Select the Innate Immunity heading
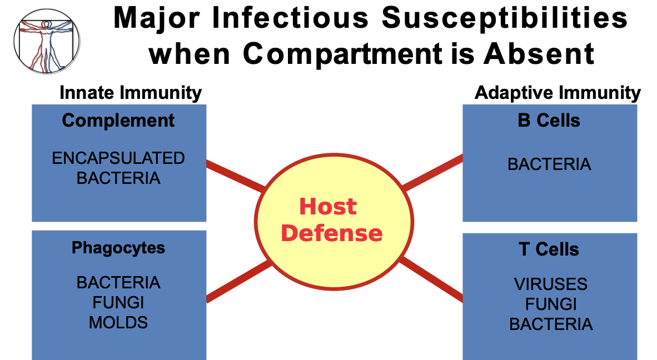[130, 93]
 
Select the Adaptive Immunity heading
[558, 93]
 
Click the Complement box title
[118, 121]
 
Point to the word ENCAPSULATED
[118, 158]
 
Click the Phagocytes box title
[118, 247]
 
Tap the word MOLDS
[118, 322]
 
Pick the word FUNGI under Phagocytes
[118, 303]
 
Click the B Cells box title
[549, 121]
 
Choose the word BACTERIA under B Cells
[549, 164]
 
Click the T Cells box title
[549, 249]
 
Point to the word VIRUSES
[550, 284]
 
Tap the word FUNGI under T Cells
[550, 304]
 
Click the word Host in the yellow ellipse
[327, 207]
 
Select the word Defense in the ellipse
[332, 233]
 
